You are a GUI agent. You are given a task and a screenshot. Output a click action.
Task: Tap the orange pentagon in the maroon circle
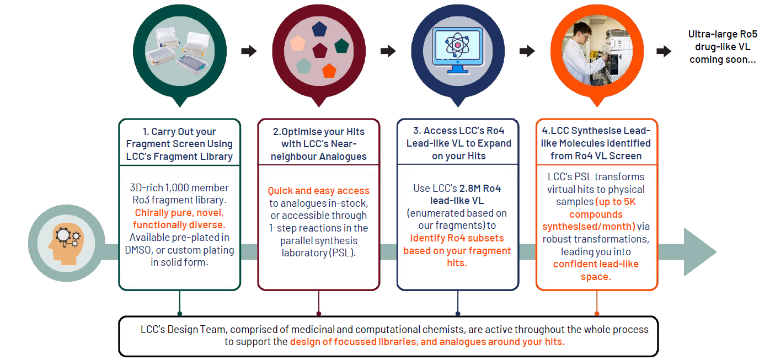(x=329, y=71)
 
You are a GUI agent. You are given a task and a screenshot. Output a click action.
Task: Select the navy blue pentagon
(x=319, y=29)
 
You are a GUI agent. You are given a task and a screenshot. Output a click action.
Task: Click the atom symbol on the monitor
(x=457, y=45)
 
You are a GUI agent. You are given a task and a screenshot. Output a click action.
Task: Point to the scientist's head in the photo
(x=581, y=30)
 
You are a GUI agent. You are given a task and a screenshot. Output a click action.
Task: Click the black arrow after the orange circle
(x=664, y=51)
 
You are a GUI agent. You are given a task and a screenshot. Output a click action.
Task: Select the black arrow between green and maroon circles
(x=249, y=51)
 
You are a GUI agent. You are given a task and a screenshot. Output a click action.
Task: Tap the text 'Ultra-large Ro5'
(x=723, y=34)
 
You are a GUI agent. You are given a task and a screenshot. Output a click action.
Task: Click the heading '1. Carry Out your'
(x=179, y=132)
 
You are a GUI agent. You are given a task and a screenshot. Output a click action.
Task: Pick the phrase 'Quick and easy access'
(x=319, y=191)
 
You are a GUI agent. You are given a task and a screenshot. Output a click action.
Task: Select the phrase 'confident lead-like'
(x=596, y=264)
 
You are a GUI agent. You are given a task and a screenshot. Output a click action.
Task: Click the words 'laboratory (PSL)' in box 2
(x=319, y=253)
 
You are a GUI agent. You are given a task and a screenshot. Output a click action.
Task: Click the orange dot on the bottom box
(x=597, y=313)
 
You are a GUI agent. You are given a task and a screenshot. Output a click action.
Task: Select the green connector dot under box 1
(x=179, y=313)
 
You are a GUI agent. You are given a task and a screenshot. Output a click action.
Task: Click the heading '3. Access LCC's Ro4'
(x=458, y=131)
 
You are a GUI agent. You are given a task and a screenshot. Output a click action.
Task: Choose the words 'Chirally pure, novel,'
(x=179, y=213)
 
